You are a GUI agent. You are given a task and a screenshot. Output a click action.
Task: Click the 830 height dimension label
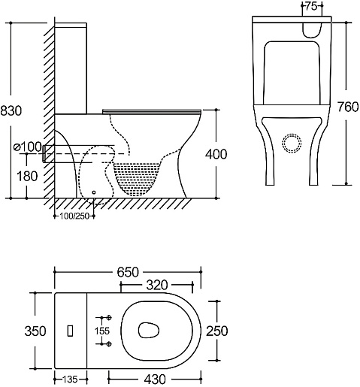(11, 110)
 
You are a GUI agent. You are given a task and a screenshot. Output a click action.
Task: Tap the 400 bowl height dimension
(216, 154)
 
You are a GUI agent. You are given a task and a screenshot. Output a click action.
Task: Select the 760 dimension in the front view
(348, 107)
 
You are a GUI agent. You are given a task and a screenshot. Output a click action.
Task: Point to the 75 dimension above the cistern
(312, 6)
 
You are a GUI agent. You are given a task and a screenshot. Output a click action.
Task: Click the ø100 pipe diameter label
(27, 147)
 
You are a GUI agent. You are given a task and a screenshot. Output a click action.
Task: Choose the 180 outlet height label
(27, 176)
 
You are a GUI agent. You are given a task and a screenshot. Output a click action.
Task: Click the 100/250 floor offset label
(74, 216)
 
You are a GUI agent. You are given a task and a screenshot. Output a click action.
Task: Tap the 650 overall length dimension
(128, 272)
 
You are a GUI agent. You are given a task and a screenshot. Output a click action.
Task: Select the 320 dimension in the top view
(157, 285)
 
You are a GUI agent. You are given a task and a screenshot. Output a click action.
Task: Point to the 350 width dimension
(35, 331)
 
